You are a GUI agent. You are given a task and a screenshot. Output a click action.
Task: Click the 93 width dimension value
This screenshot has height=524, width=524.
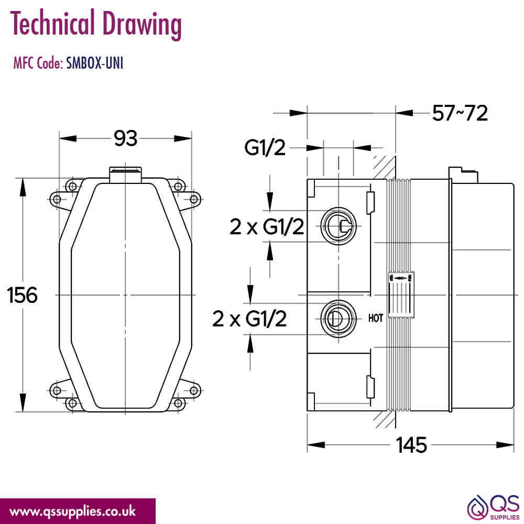click(125, 138)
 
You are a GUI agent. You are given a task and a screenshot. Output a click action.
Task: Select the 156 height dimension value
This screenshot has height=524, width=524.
click(22, 295)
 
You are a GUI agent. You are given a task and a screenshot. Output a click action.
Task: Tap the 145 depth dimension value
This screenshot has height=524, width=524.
click(411, 445)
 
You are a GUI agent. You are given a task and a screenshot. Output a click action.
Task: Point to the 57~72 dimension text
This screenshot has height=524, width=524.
click(460, 113)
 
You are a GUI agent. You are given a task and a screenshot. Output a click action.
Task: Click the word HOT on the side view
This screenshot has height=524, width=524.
click(376, 318)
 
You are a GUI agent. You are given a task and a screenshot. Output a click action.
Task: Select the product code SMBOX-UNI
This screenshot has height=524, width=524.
click(94, 63)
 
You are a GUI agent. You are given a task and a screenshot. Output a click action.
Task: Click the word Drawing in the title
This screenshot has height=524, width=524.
click(142, 24)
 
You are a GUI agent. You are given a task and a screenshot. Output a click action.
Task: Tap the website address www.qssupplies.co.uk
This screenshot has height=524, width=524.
click(73, 511)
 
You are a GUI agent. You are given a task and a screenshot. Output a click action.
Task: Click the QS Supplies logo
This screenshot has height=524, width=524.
click(494, 508)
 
